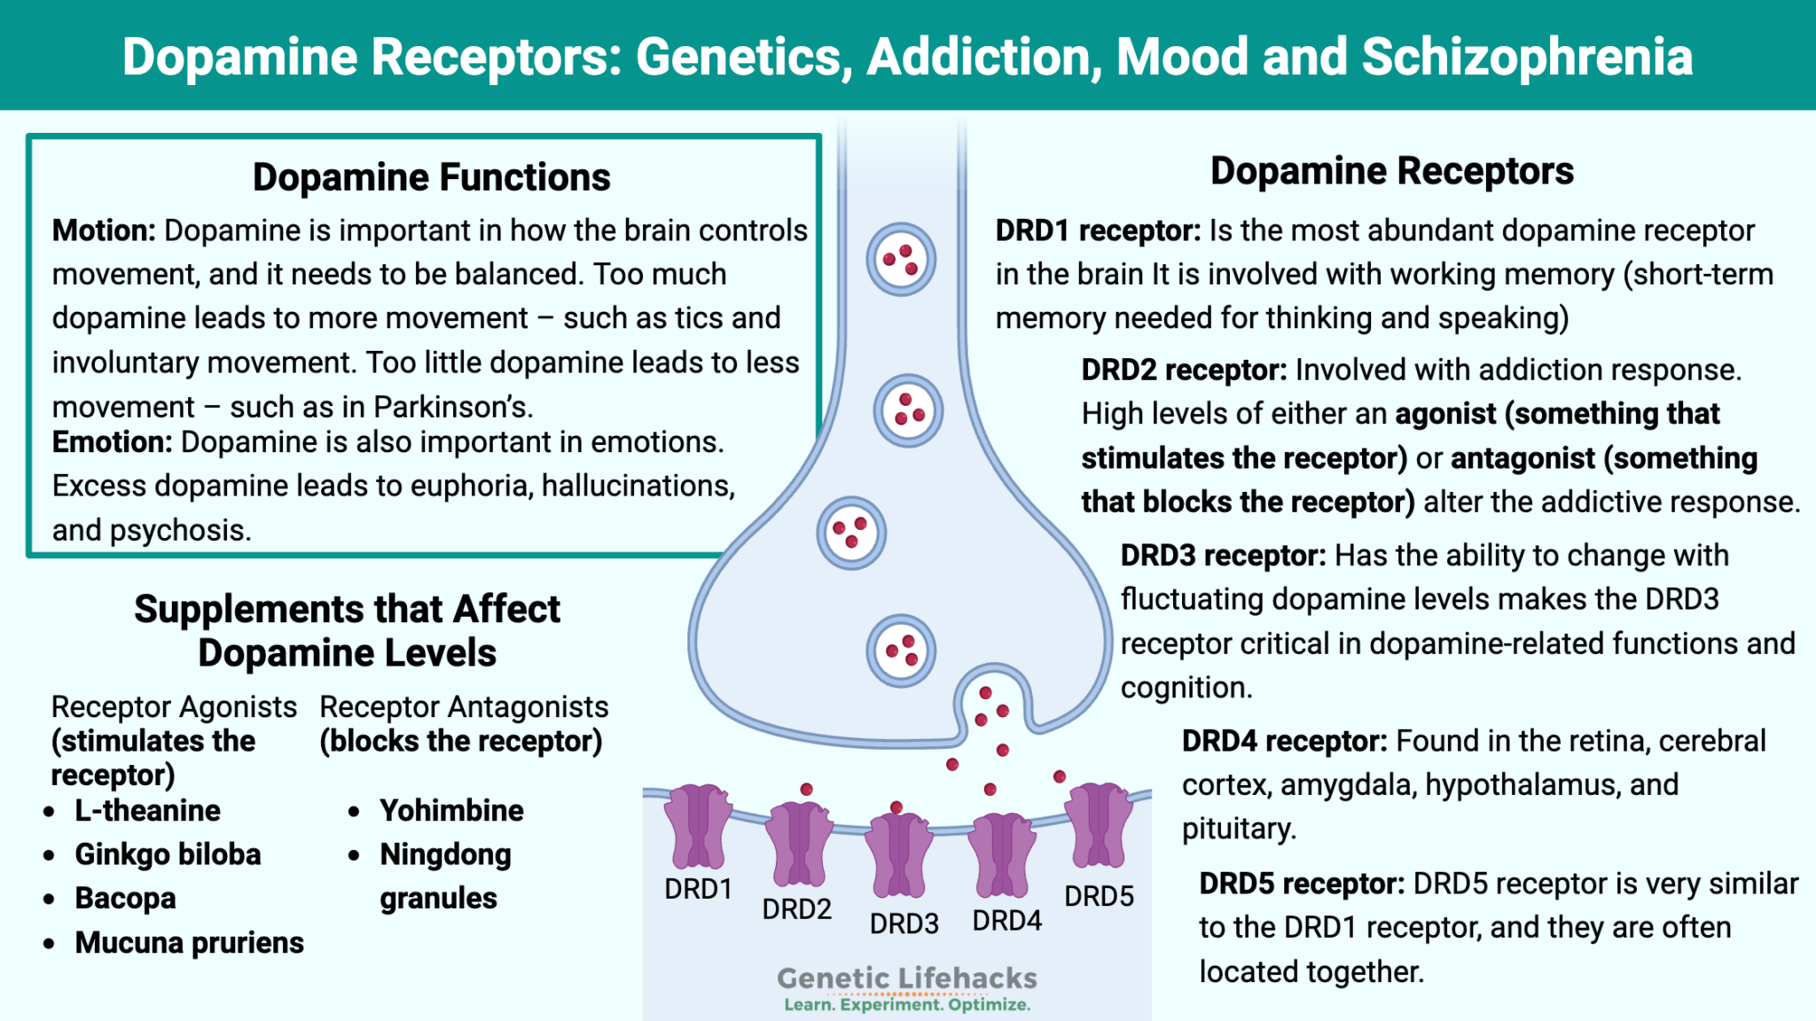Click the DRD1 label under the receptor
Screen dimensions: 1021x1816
click(698, 889)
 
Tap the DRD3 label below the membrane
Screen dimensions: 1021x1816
click(904, 924)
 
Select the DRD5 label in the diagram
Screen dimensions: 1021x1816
click(1099, 896)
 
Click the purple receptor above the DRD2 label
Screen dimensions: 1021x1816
click(799, 844)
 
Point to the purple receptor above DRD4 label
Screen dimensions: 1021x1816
click(1002, 854)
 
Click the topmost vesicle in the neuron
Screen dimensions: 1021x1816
click(901, 260)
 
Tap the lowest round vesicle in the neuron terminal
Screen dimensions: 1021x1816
click(901, 651)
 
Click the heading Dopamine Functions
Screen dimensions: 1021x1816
click(431, 177)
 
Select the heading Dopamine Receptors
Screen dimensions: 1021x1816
click(1391, 171)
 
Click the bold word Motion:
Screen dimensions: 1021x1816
click(104, 230)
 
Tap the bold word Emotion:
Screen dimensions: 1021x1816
click(112, 442)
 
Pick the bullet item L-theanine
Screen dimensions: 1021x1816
click(147, 810)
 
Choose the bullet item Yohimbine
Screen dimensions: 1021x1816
click(451, 810)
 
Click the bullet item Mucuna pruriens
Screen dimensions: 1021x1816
click(189, 942)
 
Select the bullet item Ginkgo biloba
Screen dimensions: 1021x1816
click(168, 854)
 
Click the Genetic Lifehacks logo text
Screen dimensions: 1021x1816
click(906, 978)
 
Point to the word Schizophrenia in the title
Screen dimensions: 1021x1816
click(1527, 57)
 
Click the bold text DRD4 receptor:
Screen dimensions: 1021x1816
click(1284, 741)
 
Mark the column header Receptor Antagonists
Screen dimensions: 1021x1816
click(464, 707)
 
